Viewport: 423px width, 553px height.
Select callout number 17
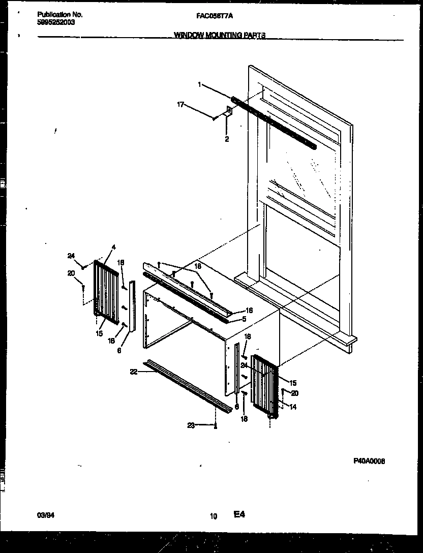click(180, 105)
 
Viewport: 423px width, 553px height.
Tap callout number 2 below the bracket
click(227, 139)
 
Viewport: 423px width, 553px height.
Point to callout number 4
click(113, 247)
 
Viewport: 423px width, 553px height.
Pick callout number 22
click(133, 373)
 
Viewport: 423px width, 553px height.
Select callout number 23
click(191, 426)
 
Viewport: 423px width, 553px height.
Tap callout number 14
click(293, 407)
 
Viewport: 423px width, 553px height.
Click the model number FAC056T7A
click(215, 16)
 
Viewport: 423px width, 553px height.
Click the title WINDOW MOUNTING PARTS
click(220, 36)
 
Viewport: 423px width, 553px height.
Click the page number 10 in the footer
click(213, 516)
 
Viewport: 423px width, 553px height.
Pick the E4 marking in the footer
click(239, 515)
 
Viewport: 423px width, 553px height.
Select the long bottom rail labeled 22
click(188, 386)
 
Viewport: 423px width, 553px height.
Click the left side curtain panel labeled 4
click(106, 290)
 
